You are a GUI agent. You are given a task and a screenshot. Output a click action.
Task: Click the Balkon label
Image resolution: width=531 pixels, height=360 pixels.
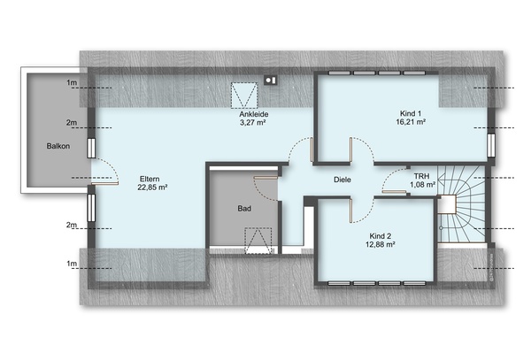58,146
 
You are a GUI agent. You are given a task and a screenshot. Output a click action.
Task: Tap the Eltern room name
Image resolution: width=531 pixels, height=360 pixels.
150,179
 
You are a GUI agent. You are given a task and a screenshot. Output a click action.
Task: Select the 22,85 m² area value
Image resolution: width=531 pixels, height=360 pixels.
152,188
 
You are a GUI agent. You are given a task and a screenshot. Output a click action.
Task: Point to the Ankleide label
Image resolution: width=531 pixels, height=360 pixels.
254,114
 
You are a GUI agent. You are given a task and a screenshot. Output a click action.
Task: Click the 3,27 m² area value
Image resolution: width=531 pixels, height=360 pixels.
252,122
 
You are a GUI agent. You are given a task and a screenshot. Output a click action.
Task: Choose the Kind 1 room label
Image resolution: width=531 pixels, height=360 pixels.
411,113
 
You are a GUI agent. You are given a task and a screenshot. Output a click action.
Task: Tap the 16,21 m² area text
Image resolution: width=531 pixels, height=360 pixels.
411,122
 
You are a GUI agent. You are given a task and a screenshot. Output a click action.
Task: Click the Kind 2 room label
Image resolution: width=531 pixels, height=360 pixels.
381,236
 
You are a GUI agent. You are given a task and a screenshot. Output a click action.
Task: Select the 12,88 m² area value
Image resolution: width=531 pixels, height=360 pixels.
381,244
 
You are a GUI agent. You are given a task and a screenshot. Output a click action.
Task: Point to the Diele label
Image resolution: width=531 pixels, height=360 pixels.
342,180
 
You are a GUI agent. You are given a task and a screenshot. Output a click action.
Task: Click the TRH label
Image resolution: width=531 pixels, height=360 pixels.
421,176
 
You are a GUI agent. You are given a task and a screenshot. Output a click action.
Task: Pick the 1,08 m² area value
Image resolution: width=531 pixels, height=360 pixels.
422,185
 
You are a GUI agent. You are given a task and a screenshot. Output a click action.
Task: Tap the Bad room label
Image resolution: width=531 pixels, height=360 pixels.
244,209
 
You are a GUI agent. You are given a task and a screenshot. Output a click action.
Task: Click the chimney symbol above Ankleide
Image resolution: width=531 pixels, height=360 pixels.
271,80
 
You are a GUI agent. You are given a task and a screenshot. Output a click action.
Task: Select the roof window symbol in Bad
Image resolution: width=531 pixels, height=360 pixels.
258,241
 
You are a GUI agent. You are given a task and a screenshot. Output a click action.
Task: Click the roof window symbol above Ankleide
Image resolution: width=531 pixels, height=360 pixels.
244,96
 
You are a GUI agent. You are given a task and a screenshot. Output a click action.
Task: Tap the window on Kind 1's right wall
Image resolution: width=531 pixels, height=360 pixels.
491,145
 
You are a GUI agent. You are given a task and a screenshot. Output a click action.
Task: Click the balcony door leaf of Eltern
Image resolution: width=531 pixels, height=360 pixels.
104,183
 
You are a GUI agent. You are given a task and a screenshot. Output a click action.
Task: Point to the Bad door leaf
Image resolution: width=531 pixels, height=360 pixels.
265,177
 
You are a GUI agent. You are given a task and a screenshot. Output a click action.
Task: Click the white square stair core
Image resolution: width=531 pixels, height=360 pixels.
447,204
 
